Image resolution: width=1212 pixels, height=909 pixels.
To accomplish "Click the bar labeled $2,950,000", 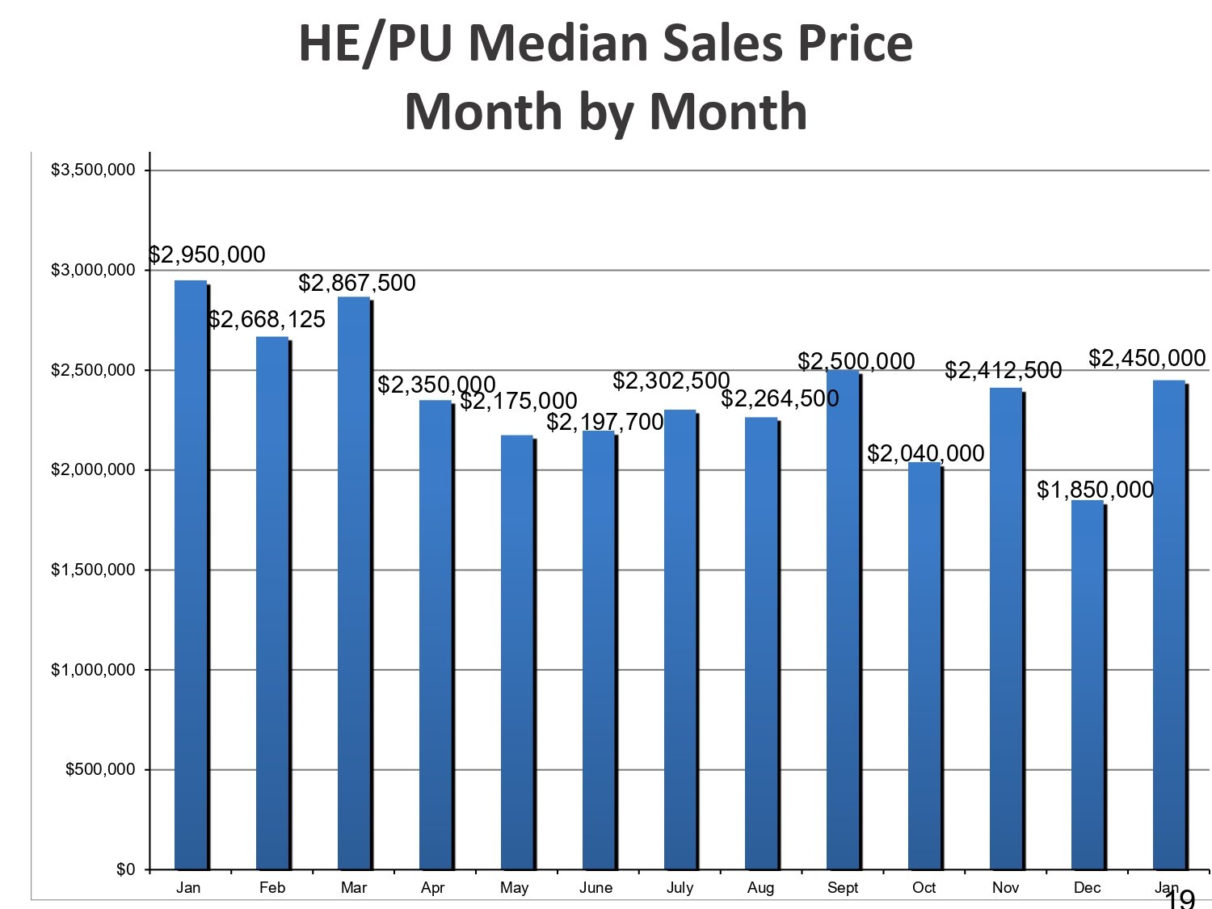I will [191, 574].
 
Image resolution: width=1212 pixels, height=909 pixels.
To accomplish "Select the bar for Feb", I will [272, 602].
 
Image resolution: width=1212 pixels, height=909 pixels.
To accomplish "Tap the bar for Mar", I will [354, 582].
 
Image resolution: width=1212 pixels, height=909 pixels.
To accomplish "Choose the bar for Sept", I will [843, 619].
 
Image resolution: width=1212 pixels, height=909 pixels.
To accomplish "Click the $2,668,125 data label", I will [267, 320].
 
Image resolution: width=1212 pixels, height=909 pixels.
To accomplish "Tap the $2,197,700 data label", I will [605, 422].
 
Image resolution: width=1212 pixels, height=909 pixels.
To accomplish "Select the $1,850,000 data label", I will [1095, 490].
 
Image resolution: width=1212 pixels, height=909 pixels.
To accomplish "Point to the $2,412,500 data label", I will [1003, 371].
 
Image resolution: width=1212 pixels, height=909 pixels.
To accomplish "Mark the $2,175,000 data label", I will [519, 401].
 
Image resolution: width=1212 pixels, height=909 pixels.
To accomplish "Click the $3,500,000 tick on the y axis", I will [93, 170].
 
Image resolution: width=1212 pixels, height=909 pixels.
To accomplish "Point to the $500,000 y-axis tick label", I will [100, 769].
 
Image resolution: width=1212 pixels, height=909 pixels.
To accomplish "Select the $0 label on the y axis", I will [125, 869].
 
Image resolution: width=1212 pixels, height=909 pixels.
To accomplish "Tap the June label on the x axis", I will [595, 888].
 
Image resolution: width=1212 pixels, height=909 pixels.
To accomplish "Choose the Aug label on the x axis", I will [760, 888].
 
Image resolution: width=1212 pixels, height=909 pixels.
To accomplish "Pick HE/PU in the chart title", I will [363, 44].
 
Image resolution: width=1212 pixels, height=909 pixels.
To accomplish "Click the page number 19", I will [1180, 899].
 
